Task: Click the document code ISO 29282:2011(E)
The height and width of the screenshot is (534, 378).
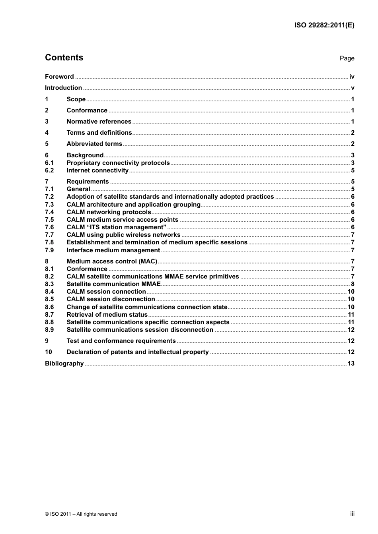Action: point(324,25)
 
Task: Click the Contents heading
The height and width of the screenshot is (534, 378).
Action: point(64,58)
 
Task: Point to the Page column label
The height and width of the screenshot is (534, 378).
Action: point(347,58)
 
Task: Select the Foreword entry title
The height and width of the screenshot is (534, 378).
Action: point(59,77)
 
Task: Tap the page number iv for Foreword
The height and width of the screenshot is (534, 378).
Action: point(352,77)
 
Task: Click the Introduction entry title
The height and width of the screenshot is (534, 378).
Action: point(63,88)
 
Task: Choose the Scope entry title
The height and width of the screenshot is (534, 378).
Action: point(76,99)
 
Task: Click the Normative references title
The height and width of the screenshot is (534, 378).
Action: point(99,122)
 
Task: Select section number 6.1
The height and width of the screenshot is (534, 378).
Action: point(49,163)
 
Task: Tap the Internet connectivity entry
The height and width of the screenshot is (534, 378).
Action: point(97,170)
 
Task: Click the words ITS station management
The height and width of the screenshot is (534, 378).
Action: point(126,227)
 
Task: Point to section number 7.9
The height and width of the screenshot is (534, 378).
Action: point(49,250)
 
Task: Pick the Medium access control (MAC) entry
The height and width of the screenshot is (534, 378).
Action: point(112,261)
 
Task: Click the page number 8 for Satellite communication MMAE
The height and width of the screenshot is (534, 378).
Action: point(353,284)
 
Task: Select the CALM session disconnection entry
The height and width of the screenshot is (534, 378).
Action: point(111,299)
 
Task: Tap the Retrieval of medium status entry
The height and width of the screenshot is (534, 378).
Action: point(107,315)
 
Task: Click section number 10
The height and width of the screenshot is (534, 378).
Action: point(49,352)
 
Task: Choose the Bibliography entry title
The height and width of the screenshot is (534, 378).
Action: point(64,364)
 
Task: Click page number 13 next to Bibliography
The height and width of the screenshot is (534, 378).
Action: point(351,364)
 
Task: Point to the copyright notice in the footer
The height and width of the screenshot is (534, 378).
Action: point(81,514)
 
